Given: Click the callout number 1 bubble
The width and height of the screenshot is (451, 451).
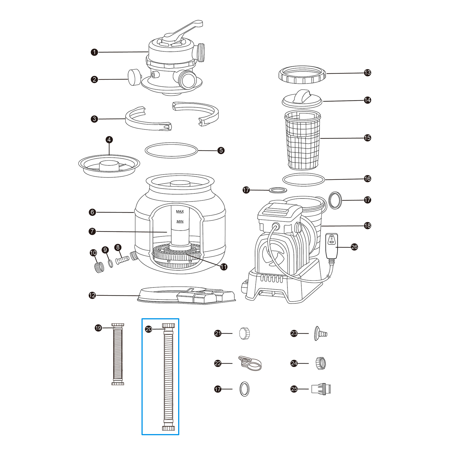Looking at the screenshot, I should click(94, 52).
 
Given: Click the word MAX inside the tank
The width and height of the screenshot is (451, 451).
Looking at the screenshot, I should click(180, 211).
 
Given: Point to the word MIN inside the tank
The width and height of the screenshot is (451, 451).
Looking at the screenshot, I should click(180, 222).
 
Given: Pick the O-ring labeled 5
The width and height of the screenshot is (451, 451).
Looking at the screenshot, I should click(171, 150).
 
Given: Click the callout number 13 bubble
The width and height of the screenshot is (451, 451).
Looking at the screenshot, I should click(367, 73).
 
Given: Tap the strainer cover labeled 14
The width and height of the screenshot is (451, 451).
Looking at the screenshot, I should click(302, 99).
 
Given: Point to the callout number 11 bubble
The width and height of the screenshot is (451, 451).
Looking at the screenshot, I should click(224, 267).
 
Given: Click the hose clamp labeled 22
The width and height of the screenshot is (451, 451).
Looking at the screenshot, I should click(250, 363).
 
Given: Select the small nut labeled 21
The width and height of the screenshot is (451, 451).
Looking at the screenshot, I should click(245, 333).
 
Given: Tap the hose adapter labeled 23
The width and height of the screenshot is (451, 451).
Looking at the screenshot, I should click(320, 334).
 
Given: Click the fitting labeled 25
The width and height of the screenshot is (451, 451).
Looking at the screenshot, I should click(321, 389).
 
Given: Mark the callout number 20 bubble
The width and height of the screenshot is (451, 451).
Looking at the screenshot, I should click(149, 329).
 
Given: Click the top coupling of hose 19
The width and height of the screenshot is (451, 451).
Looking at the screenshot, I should click(118, 327).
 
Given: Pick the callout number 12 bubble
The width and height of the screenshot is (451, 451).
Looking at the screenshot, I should click(92, 295).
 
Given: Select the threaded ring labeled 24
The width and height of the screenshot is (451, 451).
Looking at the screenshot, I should click(321, 363).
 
